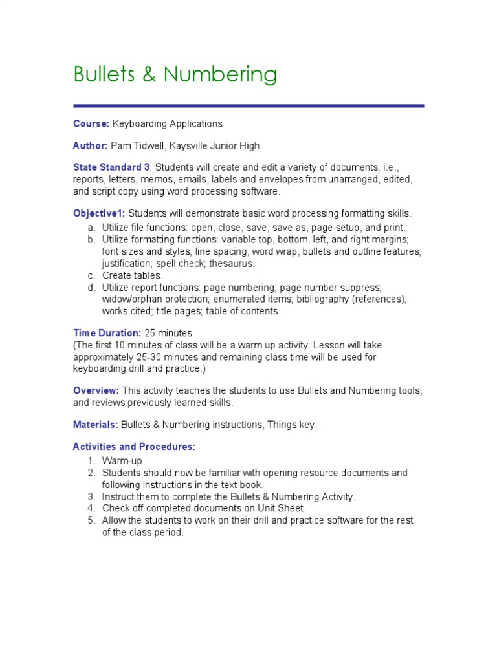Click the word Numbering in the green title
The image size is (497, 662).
[x=220, y=75]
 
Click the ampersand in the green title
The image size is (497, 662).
[x=148, y=75]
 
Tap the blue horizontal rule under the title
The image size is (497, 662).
[x=248, y=106]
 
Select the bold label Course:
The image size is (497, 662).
[x=91, y=123]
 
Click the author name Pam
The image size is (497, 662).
[x=121, y=145]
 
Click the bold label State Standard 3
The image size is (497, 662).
[x=111, y=167]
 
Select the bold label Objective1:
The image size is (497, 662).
[x=99, y=213]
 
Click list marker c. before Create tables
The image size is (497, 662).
[x=91, y=275]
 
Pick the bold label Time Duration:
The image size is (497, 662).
[x=107, y=333]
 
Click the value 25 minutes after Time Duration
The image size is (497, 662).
[x=168, y=333]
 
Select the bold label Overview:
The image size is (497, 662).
[x=96, y=390]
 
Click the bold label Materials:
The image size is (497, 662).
[x=95, y=425]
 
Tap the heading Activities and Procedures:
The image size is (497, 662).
[x=134, y=447]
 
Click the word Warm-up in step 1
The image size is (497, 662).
[x=122, y=461]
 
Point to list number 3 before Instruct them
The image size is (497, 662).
[x=91, y=496]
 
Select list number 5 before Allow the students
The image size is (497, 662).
[x=91, y=520]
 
